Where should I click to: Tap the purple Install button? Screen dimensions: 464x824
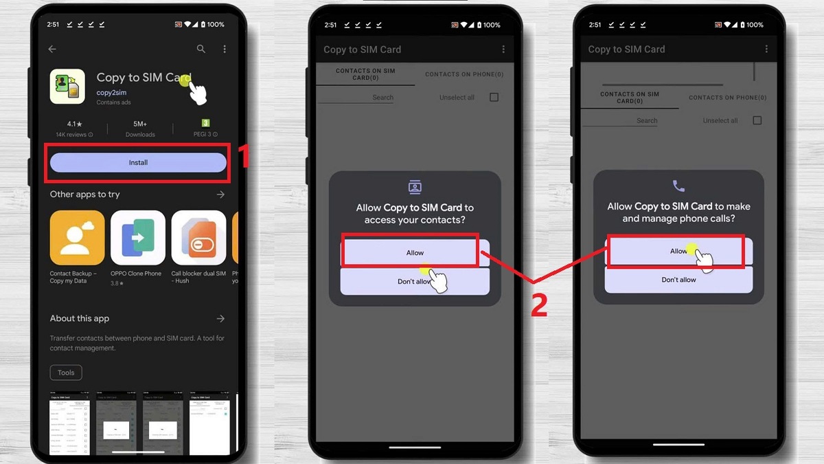(x=138, y=162)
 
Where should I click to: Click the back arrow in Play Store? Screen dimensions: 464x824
(x=52, y=49)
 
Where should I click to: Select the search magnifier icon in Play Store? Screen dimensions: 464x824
(x=201, y=49)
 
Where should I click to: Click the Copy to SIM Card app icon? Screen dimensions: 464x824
(x=67, y=87)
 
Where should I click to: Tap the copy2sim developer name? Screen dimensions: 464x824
(x=111, y=92)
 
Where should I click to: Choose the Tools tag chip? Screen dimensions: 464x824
(x=66, y=373)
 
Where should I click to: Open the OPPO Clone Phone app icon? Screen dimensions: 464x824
(x=138, y=238)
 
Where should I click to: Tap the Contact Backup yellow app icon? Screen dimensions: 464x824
(x=77, y=238)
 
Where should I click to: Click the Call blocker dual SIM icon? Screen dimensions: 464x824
(x=198, y=238)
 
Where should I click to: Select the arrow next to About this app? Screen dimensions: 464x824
(x=220, y=318)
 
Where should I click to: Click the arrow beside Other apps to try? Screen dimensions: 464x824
(x=220, y=195)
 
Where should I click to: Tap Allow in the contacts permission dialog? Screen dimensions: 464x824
(x=415, y=252)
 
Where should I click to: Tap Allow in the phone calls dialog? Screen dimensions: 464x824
(x=678, y=251)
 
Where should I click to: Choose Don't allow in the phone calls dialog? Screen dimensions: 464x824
(x=678, y=280)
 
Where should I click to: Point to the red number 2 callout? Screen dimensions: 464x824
(x=539, y=305)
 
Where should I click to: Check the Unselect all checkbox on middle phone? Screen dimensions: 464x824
(x=494, y=98)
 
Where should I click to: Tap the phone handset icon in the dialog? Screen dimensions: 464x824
(x=678, y=186)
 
